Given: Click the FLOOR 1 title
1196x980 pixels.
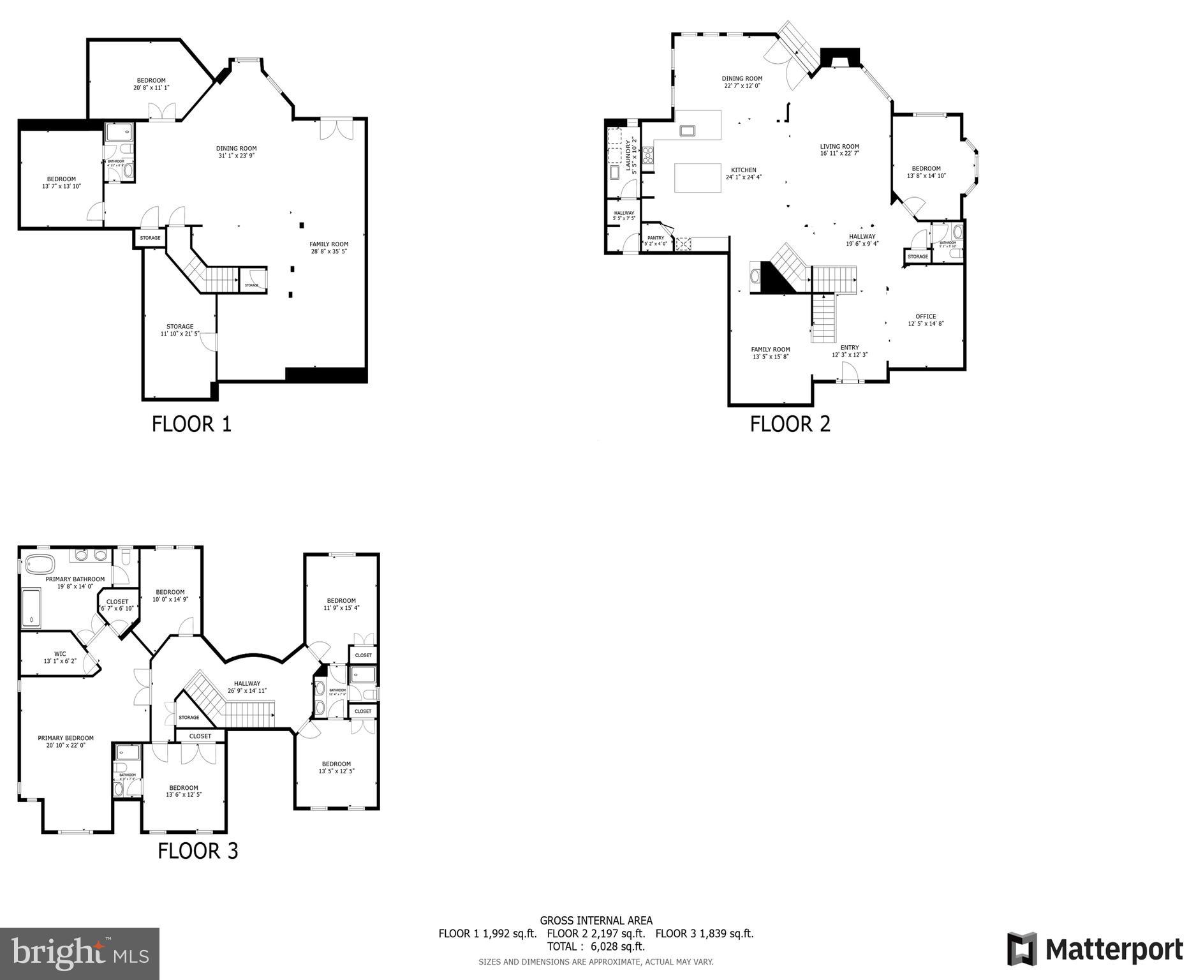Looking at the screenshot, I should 191,424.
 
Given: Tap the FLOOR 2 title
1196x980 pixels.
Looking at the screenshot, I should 790,424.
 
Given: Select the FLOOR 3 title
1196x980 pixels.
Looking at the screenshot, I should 198,850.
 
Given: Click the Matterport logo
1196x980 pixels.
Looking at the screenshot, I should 1095,949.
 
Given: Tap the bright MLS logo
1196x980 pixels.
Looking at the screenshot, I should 80,953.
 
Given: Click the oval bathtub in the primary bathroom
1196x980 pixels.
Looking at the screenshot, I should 40,565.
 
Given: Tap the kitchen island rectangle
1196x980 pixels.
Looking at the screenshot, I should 698,177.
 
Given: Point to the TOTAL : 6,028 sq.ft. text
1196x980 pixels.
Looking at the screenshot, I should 596,946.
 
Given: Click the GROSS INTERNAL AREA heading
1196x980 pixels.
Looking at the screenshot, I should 596,920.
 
